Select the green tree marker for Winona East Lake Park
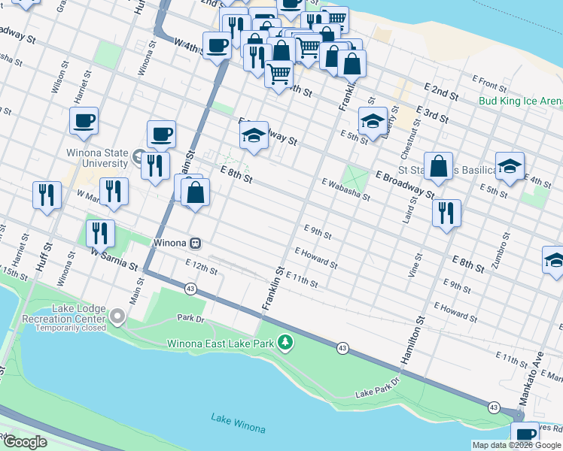pyautogui.click(x=285, y=344)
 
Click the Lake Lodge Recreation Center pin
pyautogui.click(x=117, y=318)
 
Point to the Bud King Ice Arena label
pyautogui.click(x=520, y=101)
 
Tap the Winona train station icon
pyautogui.click(x=195, y=243)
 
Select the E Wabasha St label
pyautogui.click(x=346, y=190)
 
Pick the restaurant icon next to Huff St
pyautogui.click(x=47, y=195)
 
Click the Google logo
pyautogui.click(x=25, y=442)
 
